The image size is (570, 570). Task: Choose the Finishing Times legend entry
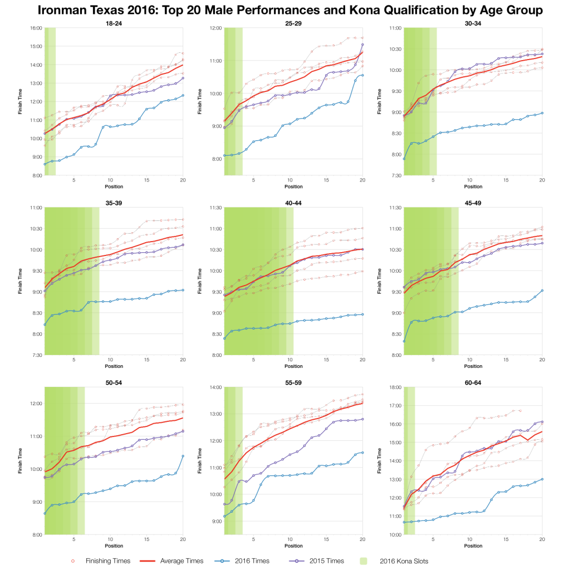tap(100, 561)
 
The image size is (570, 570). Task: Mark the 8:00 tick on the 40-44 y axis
tap(216, 355)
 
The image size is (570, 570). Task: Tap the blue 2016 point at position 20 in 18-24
tap(183, 95)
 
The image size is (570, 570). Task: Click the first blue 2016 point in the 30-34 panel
tap(404, 159)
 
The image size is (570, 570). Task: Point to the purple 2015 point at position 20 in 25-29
tap(363, 45)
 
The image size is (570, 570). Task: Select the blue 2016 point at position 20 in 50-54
tap(183, 456)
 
